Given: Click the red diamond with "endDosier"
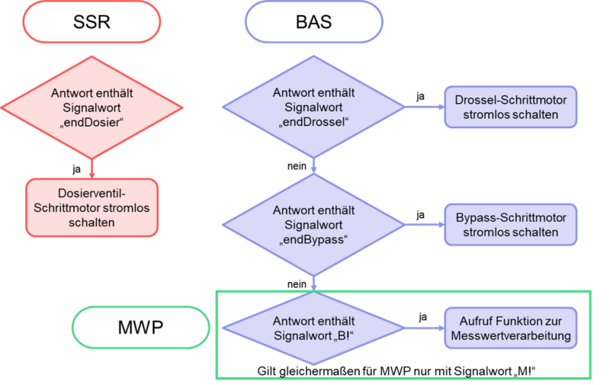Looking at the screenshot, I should point(91,107).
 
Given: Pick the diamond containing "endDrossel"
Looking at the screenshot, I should point(313,107).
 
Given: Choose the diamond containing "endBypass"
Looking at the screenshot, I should point(313,225).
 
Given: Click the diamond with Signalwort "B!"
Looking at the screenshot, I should point(313,329).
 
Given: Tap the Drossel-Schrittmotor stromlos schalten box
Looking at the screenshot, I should point(510,107).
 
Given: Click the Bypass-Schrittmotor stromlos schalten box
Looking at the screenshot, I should point(510,225).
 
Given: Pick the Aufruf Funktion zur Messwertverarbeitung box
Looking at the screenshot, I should point(510,329).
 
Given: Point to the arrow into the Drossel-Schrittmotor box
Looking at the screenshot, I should point(424,107).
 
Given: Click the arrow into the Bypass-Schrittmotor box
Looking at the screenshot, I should point(424,225).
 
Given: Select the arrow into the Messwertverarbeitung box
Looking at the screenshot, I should point(424,329).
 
